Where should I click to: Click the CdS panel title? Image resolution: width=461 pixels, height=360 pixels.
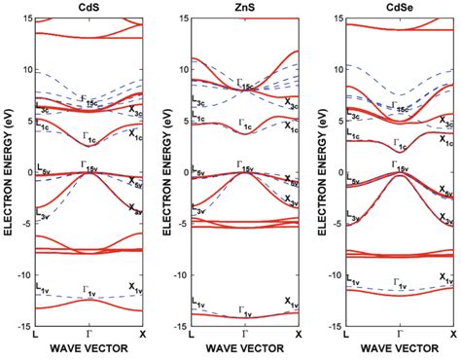tap(89, 8)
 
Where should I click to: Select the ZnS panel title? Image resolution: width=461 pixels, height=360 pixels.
tap(245, 8)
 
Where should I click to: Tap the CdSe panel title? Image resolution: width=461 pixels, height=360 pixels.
tap(400, 8)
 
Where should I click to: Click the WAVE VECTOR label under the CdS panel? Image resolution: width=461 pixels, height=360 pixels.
tap(89, 348)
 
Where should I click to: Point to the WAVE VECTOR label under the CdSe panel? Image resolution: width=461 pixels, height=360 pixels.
tap(400, 348)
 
